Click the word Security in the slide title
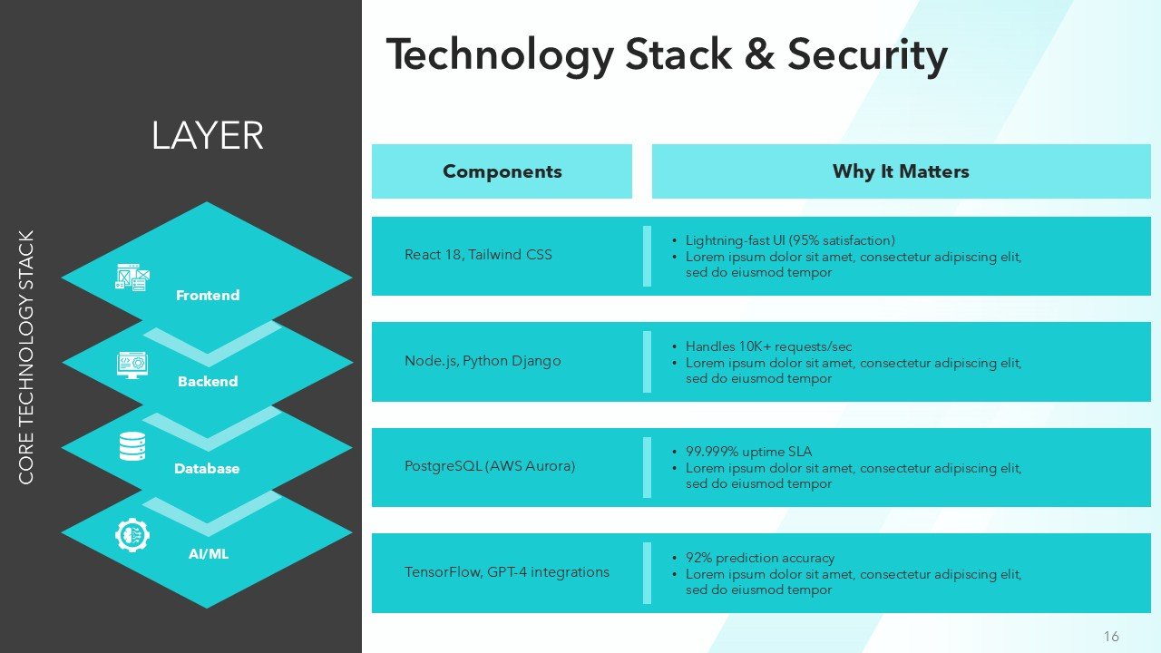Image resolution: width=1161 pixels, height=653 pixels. [867, 55]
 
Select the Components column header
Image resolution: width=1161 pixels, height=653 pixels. [502, 171]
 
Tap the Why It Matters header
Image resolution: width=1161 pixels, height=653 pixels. [901, 171]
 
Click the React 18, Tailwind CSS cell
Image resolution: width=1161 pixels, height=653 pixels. [478, 255]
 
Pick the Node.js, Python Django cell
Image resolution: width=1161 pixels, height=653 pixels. [483, 361]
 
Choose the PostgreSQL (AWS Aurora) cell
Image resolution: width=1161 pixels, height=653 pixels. [490, 466]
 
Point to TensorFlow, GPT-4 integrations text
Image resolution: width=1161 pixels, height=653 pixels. [507, 572]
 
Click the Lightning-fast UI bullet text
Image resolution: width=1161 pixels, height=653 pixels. [790, 240]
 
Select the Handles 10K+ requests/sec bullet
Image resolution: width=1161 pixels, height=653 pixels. [768, 346]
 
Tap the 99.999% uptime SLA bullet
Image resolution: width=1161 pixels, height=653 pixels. [748, 452]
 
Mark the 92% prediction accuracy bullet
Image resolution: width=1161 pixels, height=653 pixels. [759, 558]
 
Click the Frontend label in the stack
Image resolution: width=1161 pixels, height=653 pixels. [208, 296]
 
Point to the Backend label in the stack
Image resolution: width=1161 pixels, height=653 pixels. [208, 382]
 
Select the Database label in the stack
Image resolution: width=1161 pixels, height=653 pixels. [207, 469]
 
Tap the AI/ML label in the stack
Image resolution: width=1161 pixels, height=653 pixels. [208, 554]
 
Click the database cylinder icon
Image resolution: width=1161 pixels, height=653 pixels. [132, 446]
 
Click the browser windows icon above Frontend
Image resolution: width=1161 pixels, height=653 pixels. [132, 278]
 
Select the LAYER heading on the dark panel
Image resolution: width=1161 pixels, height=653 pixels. [207, 136]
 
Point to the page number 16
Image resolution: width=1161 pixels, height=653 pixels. [1111, 637]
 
